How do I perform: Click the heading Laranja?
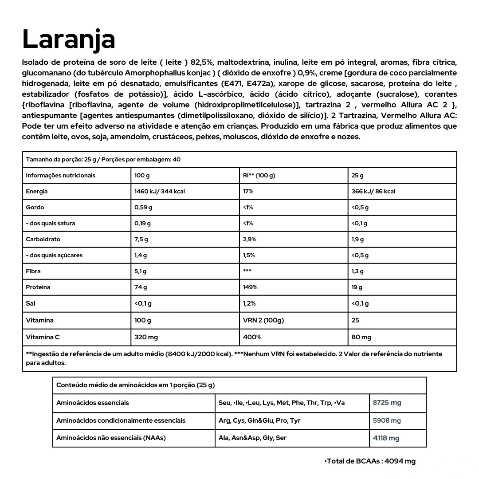tap(69, 39)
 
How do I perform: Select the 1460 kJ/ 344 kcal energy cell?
tap(160, 192)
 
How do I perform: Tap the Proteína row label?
tap(38, 287)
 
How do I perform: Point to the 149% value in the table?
tap(251, 287)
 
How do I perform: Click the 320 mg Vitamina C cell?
tap(146, 337)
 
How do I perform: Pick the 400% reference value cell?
tap(252, 337)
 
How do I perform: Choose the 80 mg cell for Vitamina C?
tap(361, 337)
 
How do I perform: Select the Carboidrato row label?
tap(43, 239)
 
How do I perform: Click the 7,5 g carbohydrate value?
tap(141, 239)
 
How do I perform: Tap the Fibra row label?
tap(33, 271)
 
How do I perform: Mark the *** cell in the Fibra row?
tap(247, 271)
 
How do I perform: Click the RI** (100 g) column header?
tap(259, 176)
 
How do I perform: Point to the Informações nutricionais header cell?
tap(60, 176)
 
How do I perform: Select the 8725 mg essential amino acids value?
tap(387, 403)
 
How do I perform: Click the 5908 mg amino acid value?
tap(387, 420)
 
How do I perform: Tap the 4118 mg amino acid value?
tap(386, 438)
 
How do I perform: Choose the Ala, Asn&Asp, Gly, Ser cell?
tap(252, 438)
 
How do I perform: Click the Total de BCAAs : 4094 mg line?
tap(370, 461)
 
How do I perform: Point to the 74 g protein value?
tap(141, 287)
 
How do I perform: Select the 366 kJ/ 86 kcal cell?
tap(373, 192)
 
